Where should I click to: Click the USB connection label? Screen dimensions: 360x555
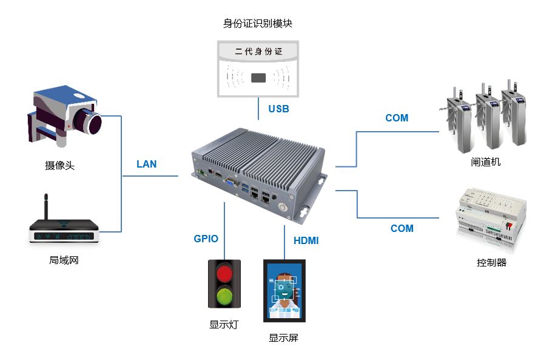[x=278, y=109]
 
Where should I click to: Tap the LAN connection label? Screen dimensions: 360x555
[x=146, y=164]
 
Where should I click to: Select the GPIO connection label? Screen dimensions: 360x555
[x=206, y=239]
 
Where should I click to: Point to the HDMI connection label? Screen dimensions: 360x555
[x=306, y=240]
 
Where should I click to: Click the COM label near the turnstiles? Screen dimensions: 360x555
[x=397, y=118]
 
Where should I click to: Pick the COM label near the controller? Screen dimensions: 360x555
[x=402, y=228]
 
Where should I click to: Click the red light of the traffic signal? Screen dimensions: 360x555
[x=224, y=272]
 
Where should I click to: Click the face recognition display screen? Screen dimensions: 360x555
[x=284, y=291]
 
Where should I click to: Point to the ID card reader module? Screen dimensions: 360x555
[x=258, y=68]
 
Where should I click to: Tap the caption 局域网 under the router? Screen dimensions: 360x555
[x=64, y=260]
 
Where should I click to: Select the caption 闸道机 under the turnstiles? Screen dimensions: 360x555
[x=485, y=162]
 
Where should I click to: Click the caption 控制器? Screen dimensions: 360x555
[x=491, y=263]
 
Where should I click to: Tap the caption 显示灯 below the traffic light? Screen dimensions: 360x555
[x=224, y=324]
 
